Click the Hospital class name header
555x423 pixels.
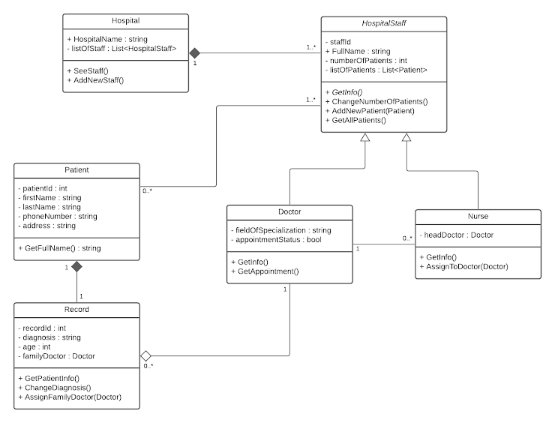tap(124, 22)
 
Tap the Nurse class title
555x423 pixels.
tap(478, 216)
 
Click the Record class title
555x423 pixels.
tap(76, 310)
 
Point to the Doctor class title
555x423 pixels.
tap(289, 211)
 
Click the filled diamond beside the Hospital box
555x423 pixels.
tap(196, 52)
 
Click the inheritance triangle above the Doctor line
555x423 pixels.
tap(364, 139)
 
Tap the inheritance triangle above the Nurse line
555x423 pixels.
tap(406, 139)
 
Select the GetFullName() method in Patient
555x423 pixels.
tap(59, 247)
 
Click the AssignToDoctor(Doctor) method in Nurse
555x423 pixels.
tap(464, 266)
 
